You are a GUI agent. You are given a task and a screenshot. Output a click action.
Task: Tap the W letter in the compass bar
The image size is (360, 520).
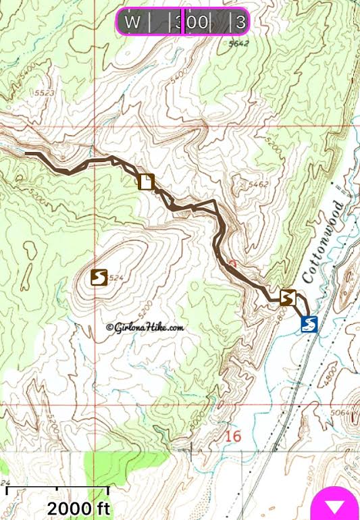click(x=133, y=22)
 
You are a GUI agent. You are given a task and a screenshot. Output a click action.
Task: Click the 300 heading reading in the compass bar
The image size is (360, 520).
click(x=192, y=22)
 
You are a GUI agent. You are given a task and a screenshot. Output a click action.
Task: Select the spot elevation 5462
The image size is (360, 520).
click(x=259, y=184)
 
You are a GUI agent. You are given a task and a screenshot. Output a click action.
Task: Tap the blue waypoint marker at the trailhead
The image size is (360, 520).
click(x=309, y=325)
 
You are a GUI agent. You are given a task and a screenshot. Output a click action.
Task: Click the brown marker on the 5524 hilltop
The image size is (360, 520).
click(x=99, y=277)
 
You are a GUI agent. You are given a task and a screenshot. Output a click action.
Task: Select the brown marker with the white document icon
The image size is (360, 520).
click(x=146, y=182)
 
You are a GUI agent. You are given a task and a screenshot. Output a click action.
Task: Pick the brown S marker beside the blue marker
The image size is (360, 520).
click(x=288, y=297)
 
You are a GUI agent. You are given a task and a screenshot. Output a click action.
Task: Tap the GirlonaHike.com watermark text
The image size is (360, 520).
click(x=145, y=328)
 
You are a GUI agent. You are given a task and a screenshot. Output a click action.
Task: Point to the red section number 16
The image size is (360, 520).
click(x=233, y=437)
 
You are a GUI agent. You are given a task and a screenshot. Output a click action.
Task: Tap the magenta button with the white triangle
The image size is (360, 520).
click(x=335, y=505)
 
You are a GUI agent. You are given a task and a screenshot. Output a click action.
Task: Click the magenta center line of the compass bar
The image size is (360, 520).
click(x=184, y=22)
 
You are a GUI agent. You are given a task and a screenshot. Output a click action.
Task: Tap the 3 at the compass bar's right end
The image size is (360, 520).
click(x=240, y=22)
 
